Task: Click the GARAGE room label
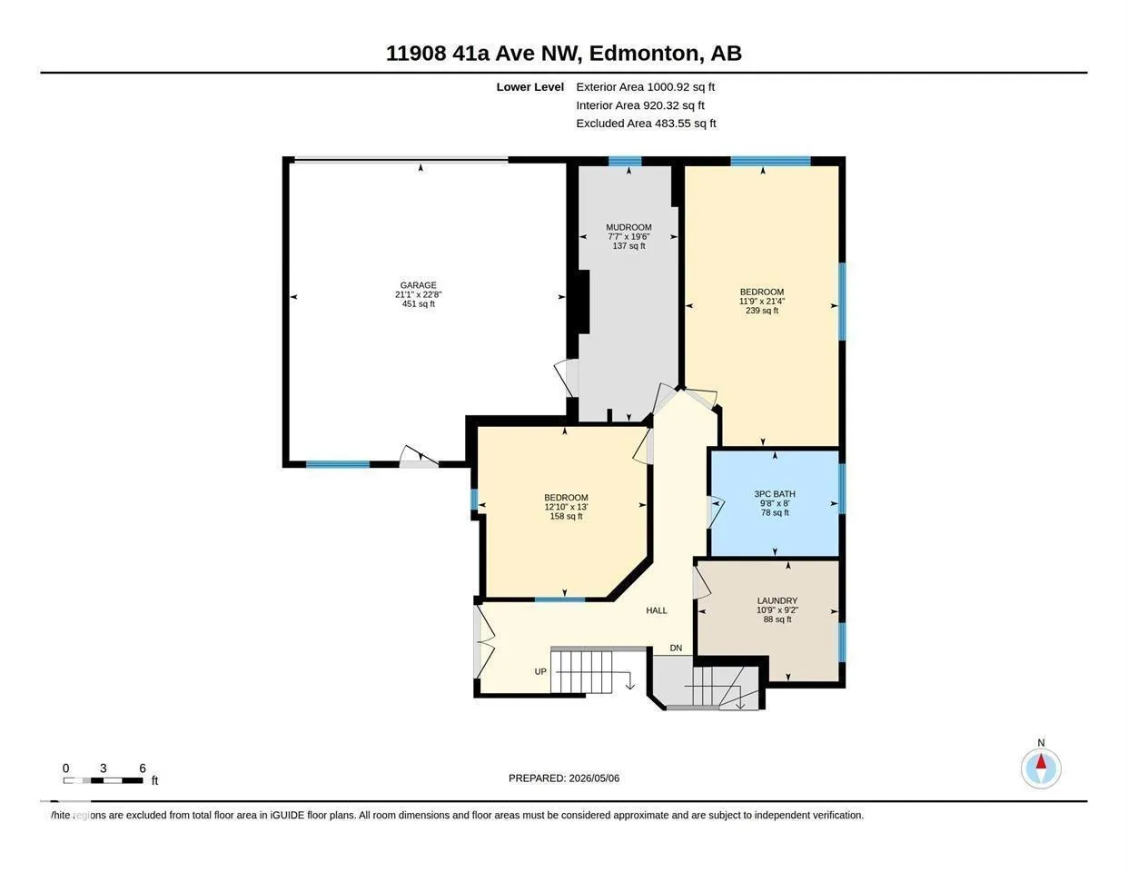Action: point(418,285)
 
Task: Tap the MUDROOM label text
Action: point(628,227)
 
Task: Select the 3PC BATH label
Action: point(775,493)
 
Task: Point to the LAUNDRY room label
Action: point(777,600)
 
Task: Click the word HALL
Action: point(657,610)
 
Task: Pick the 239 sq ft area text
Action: point(762,311)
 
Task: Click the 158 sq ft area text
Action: point(566,517)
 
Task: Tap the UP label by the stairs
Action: point(540,671)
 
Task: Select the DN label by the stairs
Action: point(676,648)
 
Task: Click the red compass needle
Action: point(1041,761)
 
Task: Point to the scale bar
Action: point(103,780)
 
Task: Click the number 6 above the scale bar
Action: point(143,768)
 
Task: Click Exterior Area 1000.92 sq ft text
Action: point(645,86)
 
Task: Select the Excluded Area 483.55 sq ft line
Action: point(646,123)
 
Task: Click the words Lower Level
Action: point(530,86)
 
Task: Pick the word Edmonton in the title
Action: point(644,53)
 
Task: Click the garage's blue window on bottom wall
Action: point(338,464)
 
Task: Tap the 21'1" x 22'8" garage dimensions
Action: point(418,294)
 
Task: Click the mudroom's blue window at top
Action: point(625,161)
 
